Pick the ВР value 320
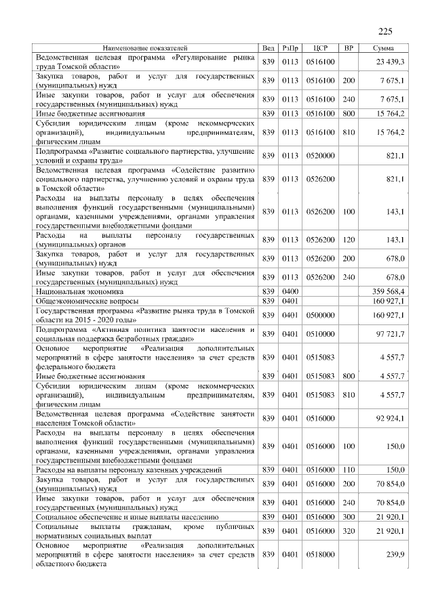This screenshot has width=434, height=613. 349,531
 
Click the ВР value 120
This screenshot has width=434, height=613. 349,239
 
